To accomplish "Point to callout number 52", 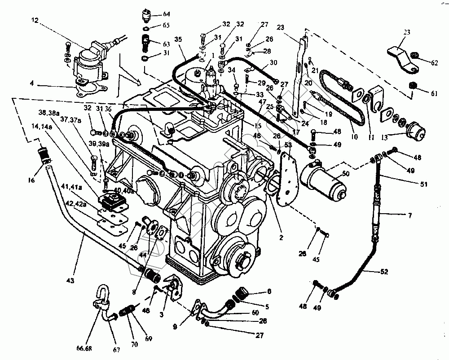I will [385, 272].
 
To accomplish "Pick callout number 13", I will [384, 136].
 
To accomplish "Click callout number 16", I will [30, 180].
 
